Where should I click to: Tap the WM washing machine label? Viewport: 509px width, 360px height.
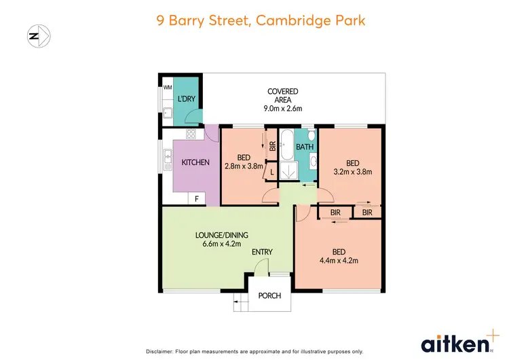click(167, 88)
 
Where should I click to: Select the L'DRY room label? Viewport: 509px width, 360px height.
click(186, 100)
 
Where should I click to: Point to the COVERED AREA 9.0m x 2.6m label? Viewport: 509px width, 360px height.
click(283, 99)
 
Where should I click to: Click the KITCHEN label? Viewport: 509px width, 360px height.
click(195, 162)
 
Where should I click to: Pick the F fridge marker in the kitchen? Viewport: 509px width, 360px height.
click(197, 198)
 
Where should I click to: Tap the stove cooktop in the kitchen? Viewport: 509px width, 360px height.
click(191, 134)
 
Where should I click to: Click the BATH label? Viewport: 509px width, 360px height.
click(305, 146)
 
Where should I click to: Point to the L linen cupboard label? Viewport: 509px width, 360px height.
click(272, 173)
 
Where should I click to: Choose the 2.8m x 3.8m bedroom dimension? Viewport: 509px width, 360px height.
click(244, 165)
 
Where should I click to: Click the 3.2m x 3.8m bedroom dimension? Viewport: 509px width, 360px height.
click(352, 171)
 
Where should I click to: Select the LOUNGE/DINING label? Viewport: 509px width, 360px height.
click(221, 235)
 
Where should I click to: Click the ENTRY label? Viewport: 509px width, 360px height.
click(262, 252)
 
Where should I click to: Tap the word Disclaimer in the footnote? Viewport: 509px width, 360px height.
click(163, 351)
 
